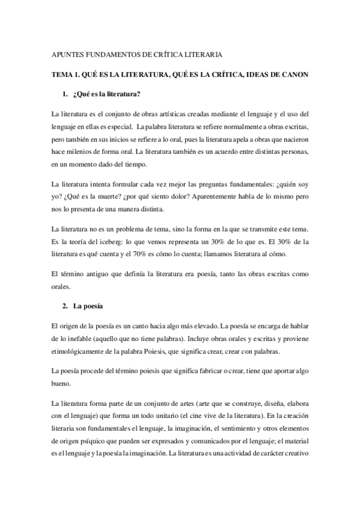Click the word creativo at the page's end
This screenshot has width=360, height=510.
[294, 453]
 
